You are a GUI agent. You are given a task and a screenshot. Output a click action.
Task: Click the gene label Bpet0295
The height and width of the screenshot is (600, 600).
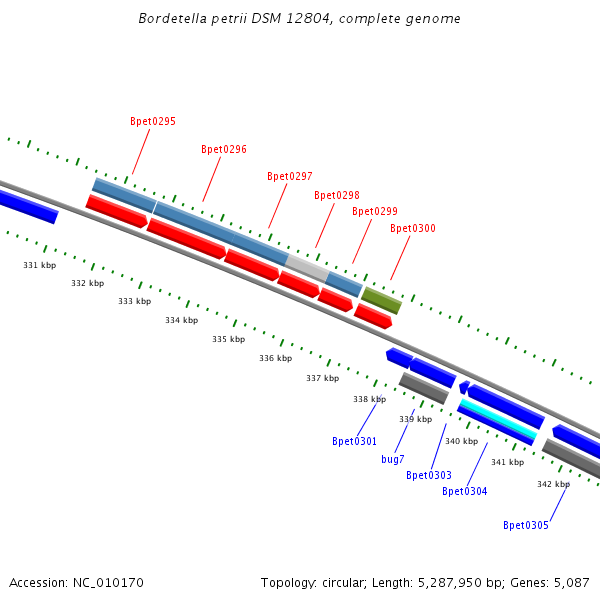[x=153, y=121]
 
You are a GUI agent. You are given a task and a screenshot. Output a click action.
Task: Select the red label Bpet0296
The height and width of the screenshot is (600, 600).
[x=223, y=149]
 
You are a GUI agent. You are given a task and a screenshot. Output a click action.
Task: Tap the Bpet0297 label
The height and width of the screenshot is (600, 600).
[x=289, y=176]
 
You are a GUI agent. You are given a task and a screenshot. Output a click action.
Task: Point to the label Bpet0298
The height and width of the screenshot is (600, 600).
[x=336, y=195]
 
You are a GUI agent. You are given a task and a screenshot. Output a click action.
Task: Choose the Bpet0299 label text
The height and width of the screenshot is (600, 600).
[x=374, y=211]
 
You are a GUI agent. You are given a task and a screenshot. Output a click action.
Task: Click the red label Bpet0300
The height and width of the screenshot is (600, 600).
[x=412, y=228]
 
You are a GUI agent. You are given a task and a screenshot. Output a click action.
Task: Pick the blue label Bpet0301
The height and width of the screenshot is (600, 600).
[x=354, y=441]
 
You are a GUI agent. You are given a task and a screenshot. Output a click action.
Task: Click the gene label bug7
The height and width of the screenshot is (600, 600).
[x=393, y=459]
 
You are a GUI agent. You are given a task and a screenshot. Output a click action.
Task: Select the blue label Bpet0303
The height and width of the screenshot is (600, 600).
[x=428, y=475]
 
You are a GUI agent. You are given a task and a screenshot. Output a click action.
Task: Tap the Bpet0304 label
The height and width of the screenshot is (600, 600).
[x=464, y=491]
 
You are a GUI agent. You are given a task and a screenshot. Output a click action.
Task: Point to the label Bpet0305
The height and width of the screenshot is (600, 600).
[x=525, y=525]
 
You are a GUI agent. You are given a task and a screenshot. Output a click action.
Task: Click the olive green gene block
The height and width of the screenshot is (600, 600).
[x=381, y=299]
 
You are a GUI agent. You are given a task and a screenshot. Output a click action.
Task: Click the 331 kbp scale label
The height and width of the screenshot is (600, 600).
[x=40, y=265]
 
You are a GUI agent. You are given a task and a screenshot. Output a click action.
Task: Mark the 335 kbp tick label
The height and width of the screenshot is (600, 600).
[x=228, y=339]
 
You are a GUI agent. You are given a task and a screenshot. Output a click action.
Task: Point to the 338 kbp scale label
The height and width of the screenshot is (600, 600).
[x=369, y=399]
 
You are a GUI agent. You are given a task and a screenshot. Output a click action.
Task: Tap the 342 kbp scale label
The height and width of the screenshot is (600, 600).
[x=553, y=484]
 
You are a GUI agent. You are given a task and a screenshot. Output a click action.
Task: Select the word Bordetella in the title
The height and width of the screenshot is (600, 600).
[x=173, y=19]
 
